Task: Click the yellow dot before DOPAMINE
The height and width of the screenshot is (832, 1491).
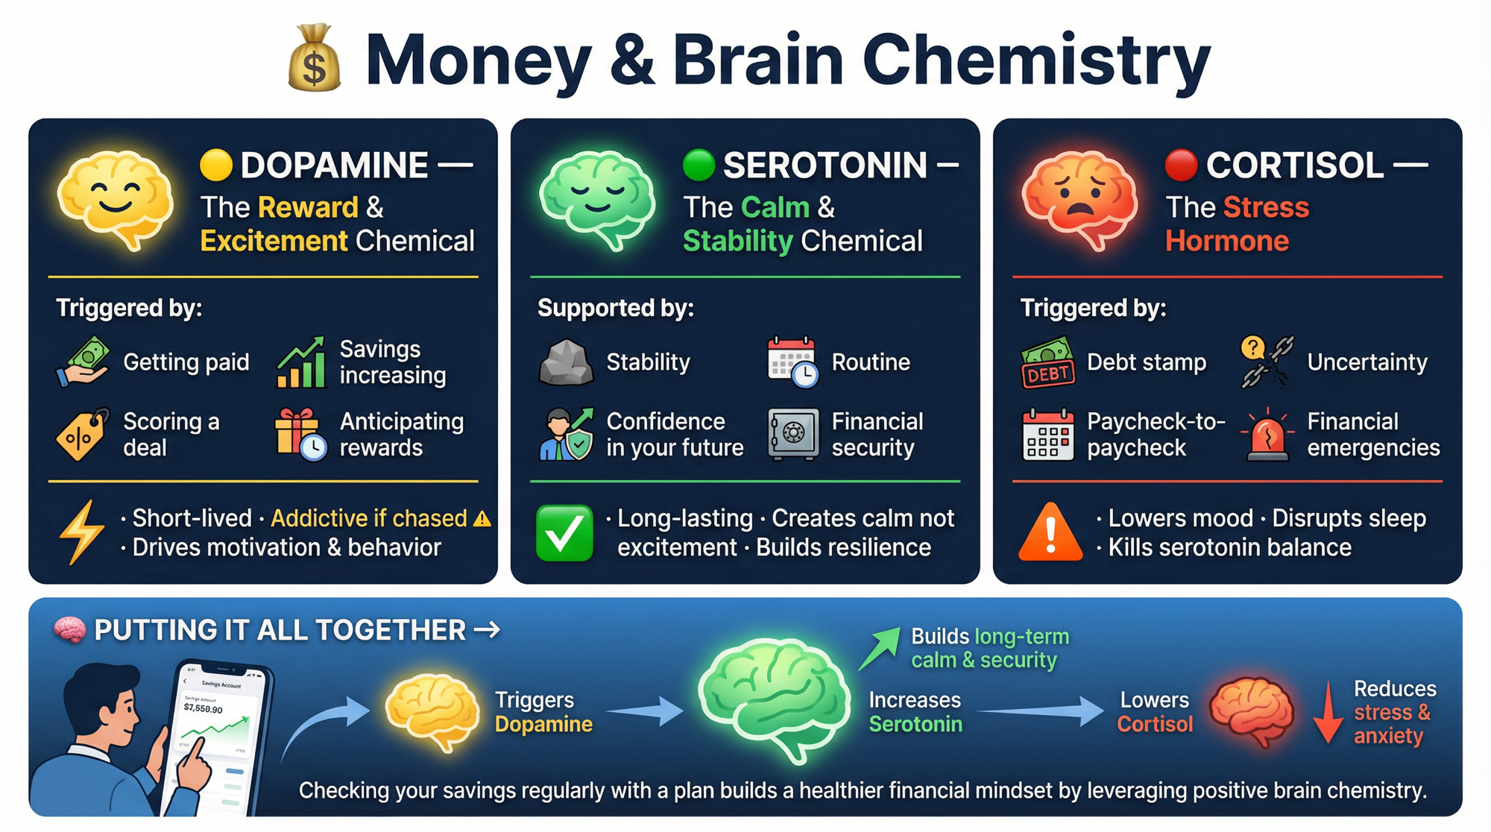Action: pos(216,165)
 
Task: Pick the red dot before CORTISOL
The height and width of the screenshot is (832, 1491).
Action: pos(1181,165)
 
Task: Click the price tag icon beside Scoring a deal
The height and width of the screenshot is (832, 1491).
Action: pos(82,434)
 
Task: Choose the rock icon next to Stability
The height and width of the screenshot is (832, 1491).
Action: pos(566,362)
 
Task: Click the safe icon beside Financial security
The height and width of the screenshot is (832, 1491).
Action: pos(793,434)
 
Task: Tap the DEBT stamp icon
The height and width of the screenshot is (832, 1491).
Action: pos(1047,363)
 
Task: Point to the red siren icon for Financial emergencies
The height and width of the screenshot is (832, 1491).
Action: pos(1267,435)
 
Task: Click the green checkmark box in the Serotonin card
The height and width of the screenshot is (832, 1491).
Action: pos(564,533)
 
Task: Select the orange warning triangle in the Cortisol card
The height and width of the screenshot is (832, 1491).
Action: pos(1050,532)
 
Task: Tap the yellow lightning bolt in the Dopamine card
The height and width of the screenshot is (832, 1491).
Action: pos(82,532)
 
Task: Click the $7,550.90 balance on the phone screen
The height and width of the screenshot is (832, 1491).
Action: pos(203,707)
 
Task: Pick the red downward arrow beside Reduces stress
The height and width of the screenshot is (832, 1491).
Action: pos(1328,713)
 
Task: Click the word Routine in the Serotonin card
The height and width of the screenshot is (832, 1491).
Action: pos(871,362)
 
